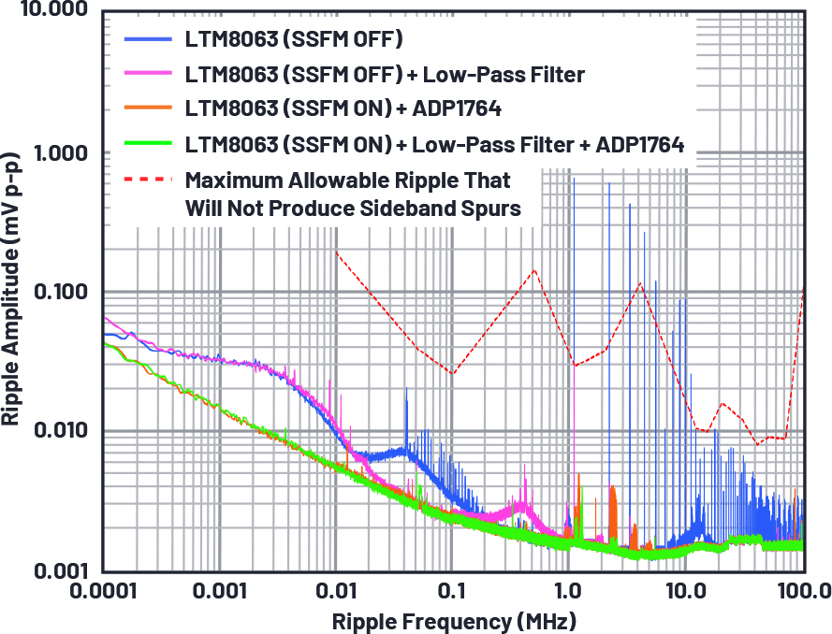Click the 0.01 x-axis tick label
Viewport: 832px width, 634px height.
click(335, 593)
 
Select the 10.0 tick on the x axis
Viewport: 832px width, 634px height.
click(685, 593)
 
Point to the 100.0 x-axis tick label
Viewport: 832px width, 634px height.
click(800, 593)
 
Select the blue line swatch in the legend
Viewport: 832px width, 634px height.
click(148, 40)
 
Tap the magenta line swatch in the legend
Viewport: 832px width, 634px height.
click(148, 75)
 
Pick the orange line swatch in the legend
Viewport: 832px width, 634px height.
click(148, 109)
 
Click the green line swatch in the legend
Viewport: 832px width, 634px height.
click(148, 144)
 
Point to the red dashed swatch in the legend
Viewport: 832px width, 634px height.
click(148, 179)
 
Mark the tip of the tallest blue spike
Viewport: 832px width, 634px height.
click(609, 183)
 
